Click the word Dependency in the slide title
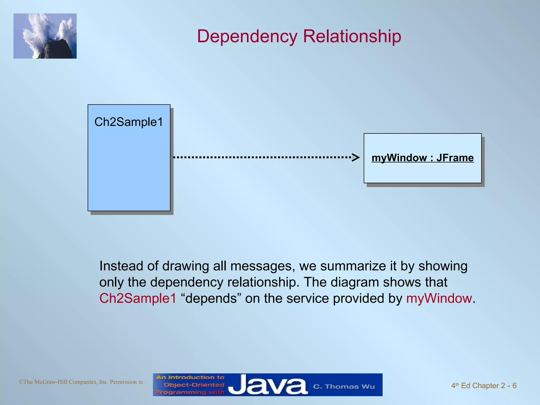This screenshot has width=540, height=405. tap(247, 36)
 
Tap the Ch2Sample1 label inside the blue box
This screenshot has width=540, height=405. tap(129, 122)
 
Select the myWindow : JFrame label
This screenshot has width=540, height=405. tap(422, 158)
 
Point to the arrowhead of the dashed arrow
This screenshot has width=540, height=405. tap(356, 157)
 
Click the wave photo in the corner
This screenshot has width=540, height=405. tap(45, 36)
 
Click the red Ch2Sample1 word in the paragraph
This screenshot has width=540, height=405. tap(138, 298)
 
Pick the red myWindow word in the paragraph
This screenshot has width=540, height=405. tap(439, 298)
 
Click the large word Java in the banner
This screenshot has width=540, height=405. tap(268, 385)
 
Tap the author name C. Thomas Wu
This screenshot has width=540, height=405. tap(344, 387)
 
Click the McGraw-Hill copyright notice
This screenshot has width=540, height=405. tap(81, 382)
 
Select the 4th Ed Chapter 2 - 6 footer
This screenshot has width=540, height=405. tap(484, 385)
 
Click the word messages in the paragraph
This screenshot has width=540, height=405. tap(263, 266)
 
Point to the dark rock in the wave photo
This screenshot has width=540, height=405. tap(57, 50)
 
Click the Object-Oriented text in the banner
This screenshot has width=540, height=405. tap(194, 385)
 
